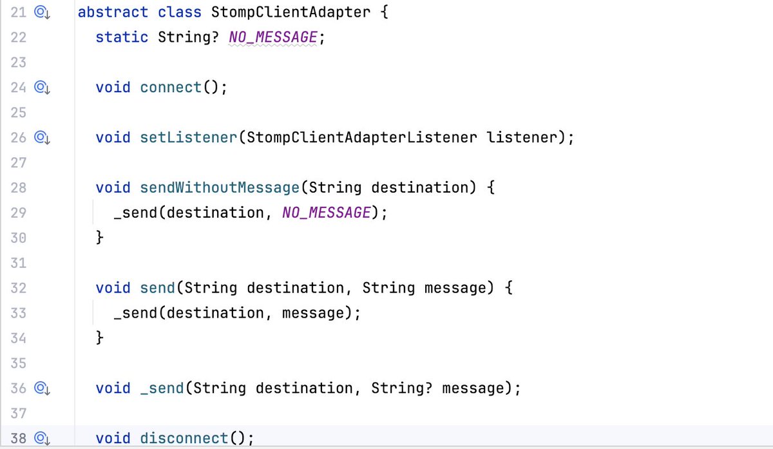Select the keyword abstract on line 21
(113, 12)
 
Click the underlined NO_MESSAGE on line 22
(273, 37)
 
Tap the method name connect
(171, 88)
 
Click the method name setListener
(188, 138)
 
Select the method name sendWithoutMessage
(220, 188)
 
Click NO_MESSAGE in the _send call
(326, 213)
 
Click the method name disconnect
(184, 439)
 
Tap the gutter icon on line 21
(43, 12)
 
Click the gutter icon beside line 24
(43, 88)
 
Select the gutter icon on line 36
(43, 388)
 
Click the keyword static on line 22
(122, 37)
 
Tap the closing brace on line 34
(100, 338)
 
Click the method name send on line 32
(157, 288)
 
